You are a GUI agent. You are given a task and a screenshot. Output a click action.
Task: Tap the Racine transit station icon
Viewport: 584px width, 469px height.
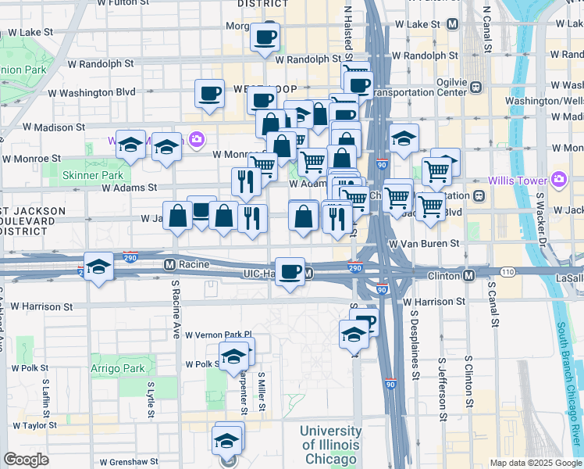pyautogui.click(x=169, y=264)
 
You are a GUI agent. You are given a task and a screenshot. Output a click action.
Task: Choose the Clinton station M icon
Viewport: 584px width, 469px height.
pyautogui.click(x=468, y=276)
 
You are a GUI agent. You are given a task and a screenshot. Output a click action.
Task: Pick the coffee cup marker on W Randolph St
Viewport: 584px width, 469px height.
pyautogui.click(x=265, y=36)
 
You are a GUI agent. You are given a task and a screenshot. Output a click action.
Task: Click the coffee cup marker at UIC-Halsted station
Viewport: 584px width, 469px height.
pyautogui.click(x=290, y=271)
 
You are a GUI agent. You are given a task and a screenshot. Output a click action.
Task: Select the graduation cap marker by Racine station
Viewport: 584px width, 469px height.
pyautogui.click(x=98, y=267)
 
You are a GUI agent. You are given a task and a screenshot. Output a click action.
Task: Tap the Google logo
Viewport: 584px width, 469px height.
pyautogui.click(x=26, y=460)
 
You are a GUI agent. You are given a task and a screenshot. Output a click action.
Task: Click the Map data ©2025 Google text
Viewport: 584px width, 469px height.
pyautogui.click(x=535, y=463)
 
